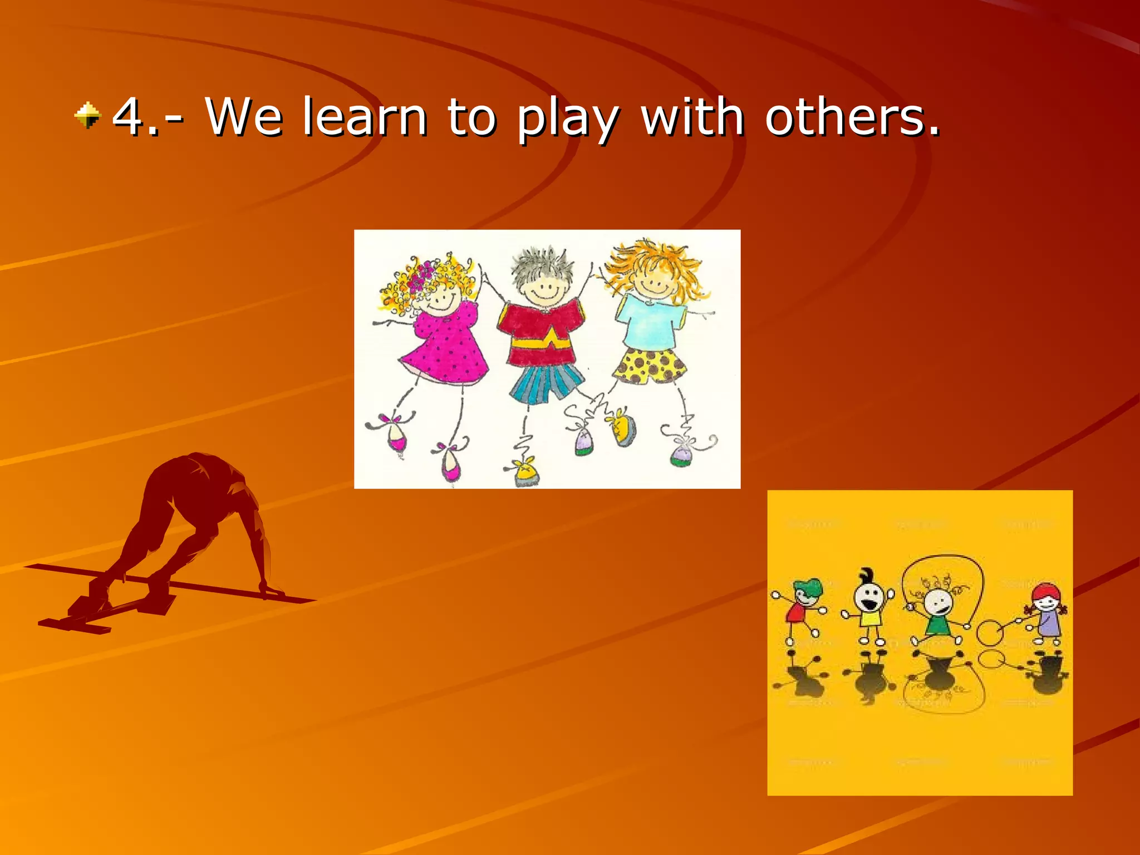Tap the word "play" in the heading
pos(567,120)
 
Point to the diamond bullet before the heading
pos(87,115)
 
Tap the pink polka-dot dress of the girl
pos(445,348)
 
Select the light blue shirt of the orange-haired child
pos(648,323)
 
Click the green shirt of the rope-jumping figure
pos(938,626)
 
